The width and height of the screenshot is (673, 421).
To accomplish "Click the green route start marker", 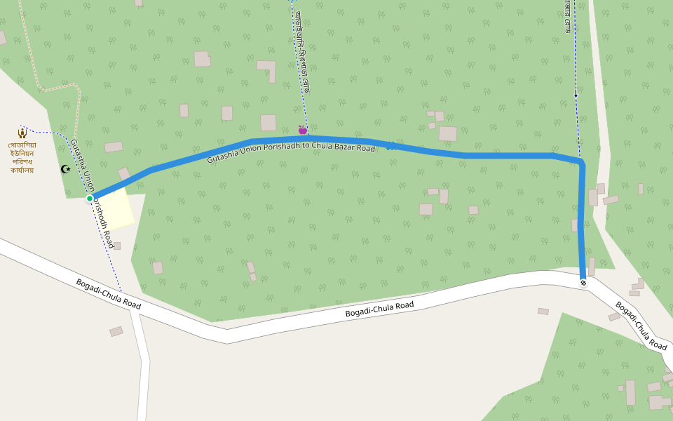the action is tap(90, 199).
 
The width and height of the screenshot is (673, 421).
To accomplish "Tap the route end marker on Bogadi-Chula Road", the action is tap(583, 283).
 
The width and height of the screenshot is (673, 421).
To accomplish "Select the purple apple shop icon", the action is tap(303, 130).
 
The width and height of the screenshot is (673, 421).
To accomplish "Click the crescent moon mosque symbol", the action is tap(66, 169).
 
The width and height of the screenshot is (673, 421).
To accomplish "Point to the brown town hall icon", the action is tap(22, 132).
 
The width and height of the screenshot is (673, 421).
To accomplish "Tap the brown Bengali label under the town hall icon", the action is tap(22, 158).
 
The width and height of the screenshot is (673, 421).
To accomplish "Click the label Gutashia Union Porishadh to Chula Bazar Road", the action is tap(291, 149).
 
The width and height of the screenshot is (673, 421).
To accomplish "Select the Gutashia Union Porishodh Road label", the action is tap(92, 194).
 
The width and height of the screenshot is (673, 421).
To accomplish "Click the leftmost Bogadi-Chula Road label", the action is tap(108, 294).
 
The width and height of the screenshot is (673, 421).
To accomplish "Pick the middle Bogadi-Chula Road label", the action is tap(379, 309).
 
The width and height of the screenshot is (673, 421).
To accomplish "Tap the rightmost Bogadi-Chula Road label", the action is tap(641, 326).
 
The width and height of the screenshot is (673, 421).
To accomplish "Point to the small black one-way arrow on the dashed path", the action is tap(576, 95).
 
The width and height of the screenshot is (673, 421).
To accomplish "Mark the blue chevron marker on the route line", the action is tap(390, 146).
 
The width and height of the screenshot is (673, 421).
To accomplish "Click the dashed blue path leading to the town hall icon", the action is tap(49, 132).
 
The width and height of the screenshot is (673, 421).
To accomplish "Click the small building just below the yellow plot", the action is tap(117, 246).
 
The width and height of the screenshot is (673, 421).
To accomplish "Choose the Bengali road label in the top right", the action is tap(567, 15).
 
